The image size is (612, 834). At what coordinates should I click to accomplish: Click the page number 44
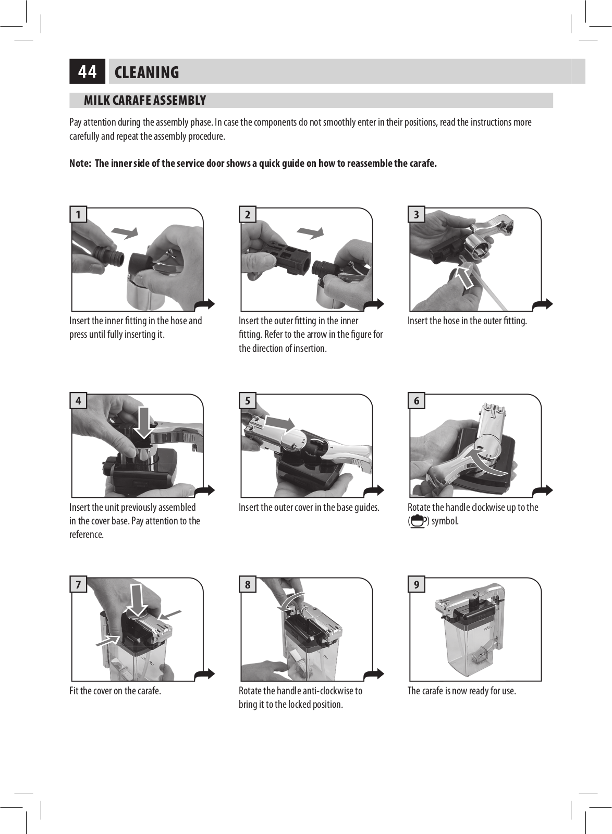click(87, 71)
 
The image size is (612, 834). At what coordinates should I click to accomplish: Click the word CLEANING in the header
click(146, 72)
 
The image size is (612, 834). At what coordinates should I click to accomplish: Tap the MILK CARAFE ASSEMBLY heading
click(145, 101)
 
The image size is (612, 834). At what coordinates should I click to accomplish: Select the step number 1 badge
click(78, 214)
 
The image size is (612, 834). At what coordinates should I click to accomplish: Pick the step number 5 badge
click(248, 401)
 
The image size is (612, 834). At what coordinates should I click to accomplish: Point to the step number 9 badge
click(417, 584)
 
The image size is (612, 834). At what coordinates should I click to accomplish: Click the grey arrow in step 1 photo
click(125, 232)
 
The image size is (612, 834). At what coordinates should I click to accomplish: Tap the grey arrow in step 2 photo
click(311, 232)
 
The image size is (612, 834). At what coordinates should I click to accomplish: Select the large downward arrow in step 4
click(143, 423)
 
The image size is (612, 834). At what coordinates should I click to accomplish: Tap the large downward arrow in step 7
click(137, 600)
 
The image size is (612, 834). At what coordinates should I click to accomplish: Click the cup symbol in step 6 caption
click(418, 521)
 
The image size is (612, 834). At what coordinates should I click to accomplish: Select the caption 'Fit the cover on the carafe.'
click(115, 691)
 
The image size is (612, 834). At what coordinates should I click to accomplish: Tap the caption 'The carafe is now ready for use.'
click(461, 691)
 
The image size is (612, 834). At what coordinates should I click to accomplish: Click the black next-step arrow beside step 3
click(543, 304)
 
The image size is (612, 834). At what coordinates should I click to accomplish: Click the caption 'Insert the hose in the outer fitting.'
click(467, 321)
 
